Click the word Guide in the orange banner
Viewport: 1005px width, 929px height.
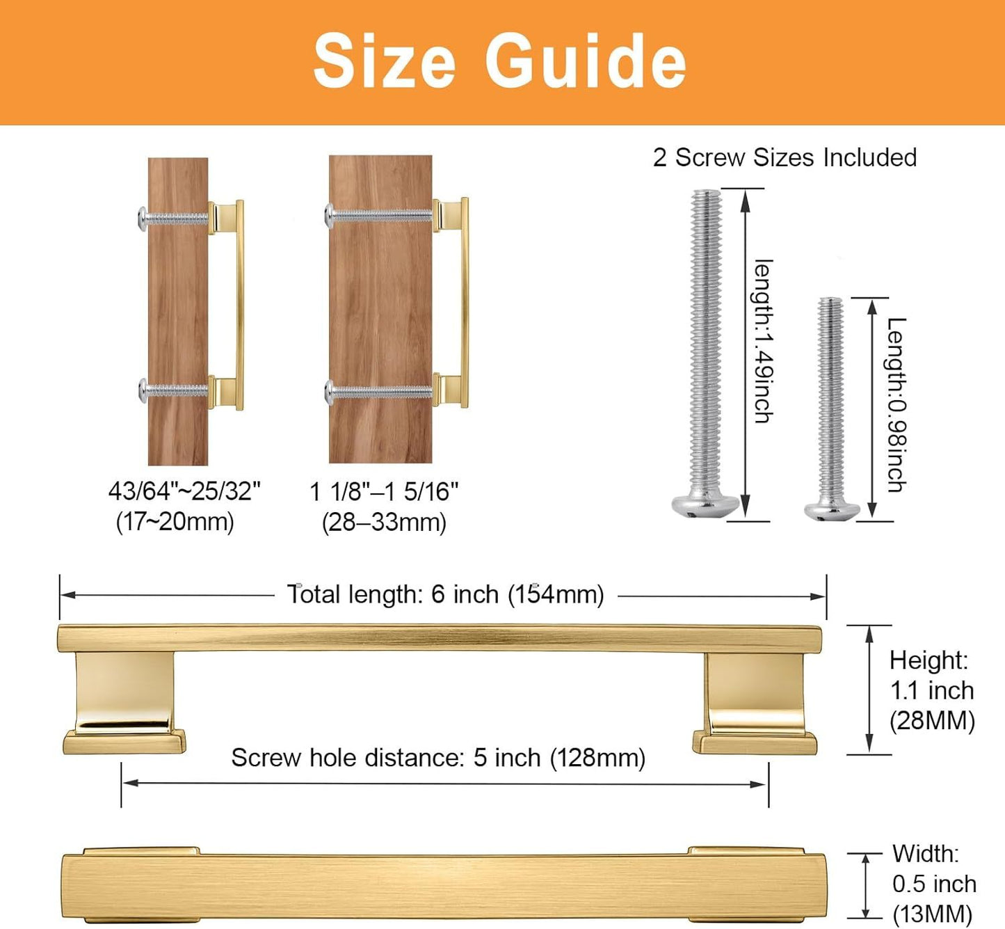point(585,61)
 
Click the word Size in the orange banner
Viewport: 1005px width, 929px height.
point(385,61)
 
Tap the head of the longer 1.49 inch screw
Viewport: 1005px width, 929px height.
point(705,505)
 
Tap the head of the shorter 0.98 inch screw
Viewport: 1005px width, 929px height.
point(832,509)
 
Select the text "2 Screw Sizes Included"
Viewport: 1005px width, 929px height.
point(785,157)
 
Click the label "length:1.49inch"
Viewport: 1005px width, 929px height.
point(763,341)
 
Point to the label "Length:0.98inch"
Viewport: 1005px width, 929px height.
point(897,405)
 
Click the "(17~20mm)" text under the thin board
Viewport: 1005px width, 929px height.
point(175,522)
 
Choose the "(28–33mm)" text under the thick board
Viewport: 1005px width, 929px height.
point(384,522)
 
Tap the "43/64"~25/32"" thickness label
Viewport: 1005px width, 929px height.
point(185,491)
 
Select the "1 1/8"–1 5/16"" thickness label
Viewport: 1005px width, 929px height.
point(384,491)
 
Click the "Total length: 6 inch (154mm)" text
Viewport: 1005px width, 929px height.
point(446,594)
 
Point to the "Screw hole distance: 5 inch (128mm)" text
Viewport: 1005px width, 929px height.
point(438,758)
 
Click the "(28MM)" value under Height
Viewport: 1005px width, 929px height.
point(932,720)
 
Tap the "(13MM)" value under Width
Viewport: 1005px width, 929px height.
point(932,914)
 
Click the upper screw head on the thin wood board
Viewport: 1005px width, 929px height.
point(143,219)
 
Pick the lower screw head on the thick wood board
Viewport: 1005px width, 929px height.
point(330,392)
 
